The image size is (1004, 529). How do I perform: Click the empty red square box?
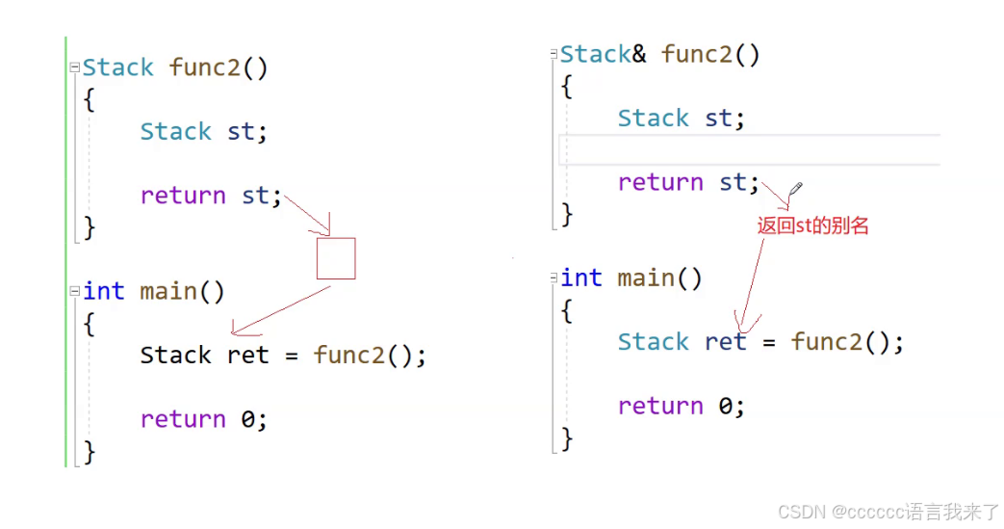336,258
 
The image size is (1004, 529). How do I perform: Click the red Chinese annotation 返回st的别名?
812,225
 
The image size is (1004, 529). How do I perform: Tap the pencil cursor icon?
794,189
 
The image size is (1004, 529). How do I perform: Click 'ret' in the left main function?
247,356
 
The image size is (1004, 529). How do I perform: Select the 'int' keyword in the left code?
104,291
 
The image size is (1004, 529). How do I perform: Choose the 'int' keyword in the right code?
581,278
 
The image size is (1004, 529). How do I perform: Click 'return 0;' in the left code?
203,419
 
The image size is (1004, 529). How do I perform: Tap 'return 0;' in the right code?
681,406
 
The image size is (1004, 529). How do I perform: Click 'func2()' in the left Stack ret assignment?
369,356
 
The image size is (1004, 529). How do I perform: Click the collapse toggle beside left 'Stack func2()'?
74,68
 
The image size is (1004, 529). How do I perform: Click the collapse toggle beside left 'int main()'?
74,292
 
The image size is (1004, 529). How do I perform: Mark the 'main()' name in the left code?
182,291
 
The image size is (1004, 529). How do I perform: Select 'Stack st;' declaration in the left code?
203,132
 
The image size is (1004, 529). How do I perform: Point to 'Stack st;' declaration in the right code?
681,119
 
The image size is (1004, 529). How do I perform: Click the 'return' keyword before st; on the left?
183,196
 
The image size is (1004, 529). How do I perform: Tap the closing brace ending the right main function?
567,438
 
